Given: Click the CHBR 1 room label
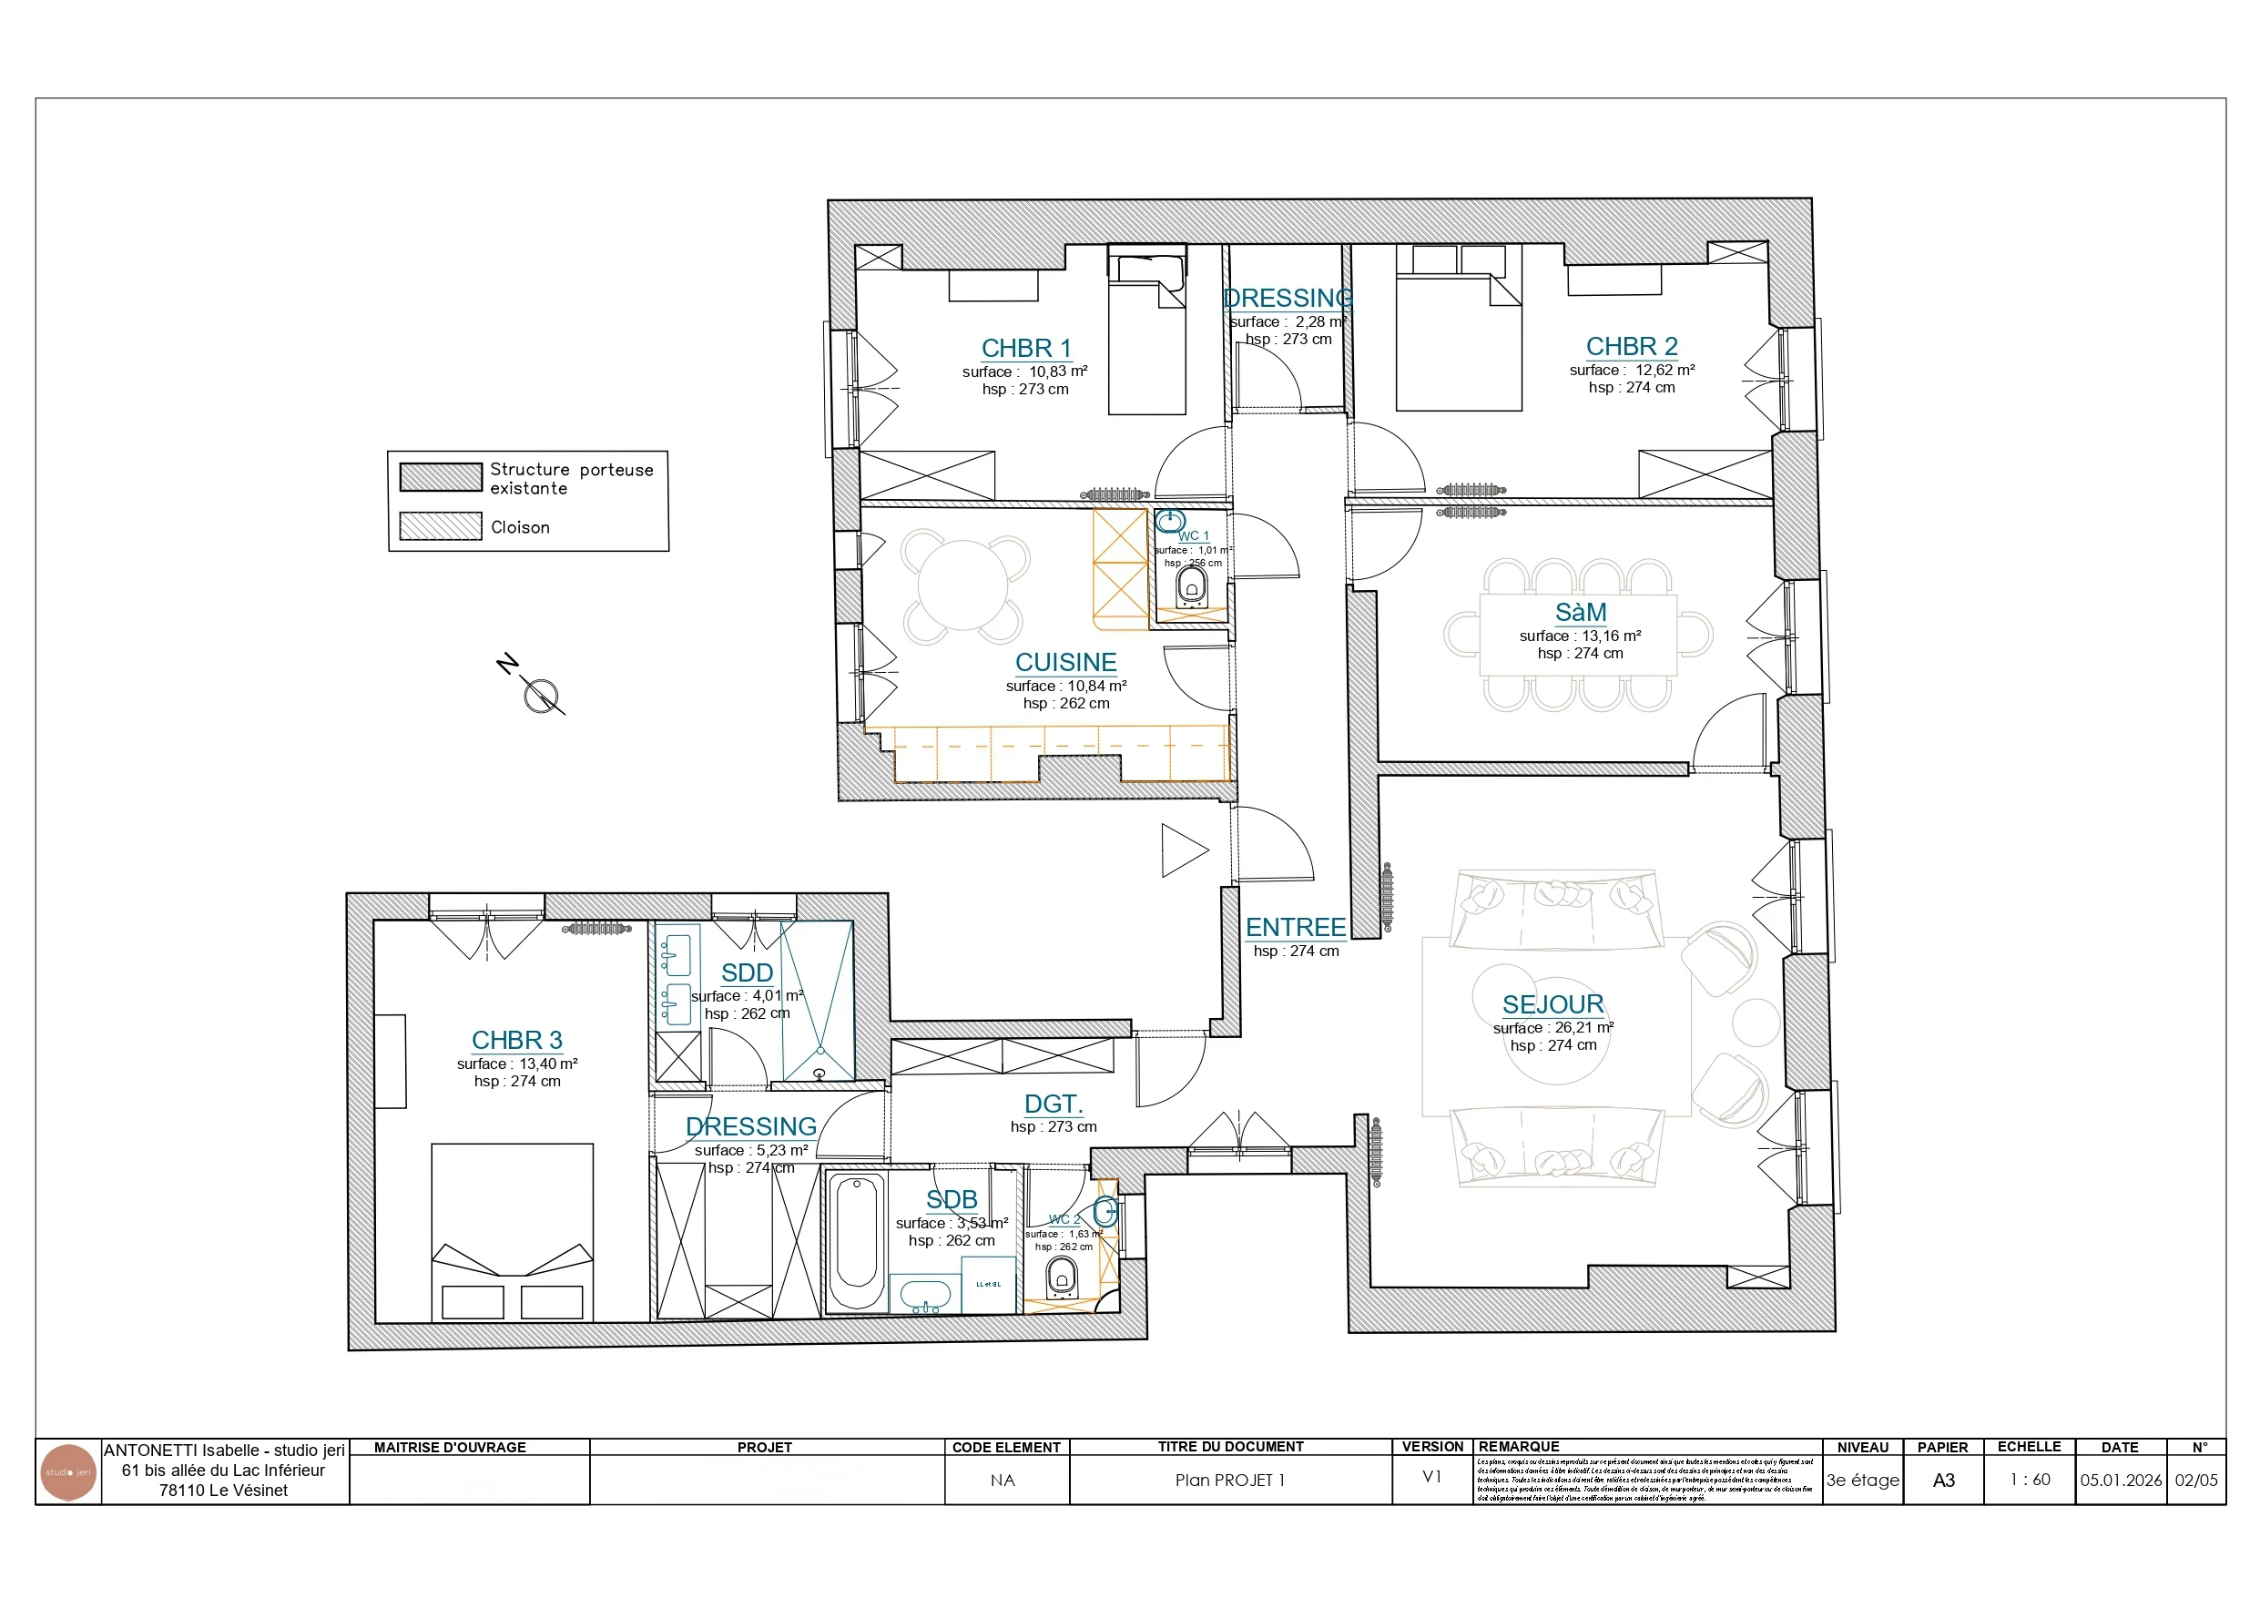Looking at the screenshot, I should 1025,348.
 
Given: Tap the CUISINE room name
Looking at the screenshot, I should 1065,662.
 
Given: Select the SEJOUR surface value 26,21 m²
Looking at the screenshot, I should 1583,1027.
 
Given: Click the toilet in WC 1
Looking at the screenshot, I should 1191,588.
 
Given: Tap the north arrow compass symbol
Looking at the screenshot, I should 540,695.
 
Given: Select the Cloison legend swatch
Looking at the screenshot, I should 440,525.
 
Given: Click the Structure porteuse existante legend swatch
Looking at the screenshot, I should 440,476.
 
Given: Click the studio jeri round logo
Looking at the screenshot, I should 68,1473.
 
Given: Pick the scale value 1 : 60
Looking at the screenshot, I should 2030,1479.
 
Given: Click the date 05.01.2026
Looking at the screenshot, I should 2120,1480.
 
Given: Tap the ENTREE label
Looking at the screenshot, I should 1295,928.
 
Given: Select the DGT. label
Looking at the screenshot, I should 1053,1104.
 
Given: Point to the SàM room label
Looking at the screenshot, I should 1580,613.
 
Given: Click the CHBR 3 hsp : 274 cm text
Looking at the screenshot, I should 517,1081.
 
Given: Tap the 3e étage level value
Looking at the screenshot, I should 1862,1480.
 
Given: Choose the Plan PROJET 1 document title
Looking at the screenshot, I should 1229,1480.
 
